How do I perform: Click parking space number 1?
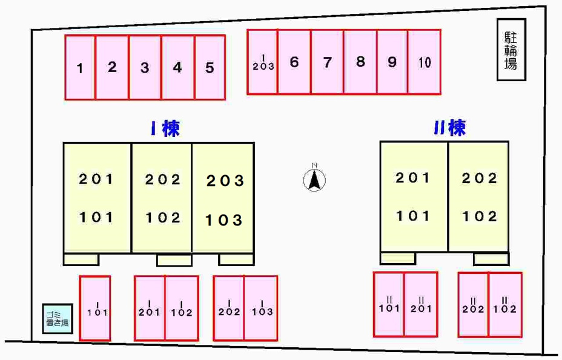tap(80, 67)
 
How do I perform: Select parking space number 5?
tap(210, 67)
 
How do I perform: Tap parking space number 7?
tap(327, 62)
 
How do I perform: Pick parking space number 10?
tap(425, 62)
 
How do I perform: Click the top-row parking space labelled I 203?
tap(262, 62)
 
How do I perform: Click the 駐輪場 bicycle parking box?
tap(511, 50)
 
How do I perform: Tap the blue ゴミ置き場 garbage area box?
tap(58, 318)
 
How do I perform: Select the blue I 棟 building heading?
tap(165, 128)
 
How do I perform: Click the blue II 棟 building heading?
tap(450, 127)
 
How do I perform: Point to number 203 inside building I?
tap(225, 181)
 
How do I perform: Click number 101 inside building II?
tap(412, 216)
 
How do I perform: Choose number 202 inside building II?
tap(479, 178)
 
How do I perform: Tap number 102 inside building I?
tap(163, 218)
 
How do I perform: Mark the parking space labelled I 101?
tap(95, 308)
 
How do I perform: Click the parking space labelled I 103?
tap(261, 308)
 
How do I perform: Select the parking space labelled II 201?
tap(421, 304)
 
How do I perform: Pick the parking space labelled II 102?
tap(505, 305)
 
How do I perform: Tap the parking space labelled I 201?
tap(150, 308)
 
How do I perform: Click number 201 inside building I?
tap(96, 179)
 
